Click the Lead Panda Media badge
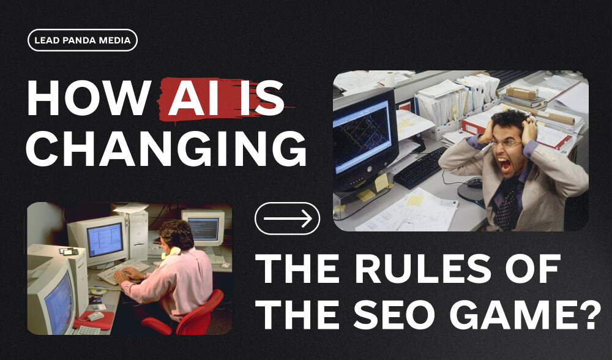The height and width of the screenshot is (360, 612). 83,40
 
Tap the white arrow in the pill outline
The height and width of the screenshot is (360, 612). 287,219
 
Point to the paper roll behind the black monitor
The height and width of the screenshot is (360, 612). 388,79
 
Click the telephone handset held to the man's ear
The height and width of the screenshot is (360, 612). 174,250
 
